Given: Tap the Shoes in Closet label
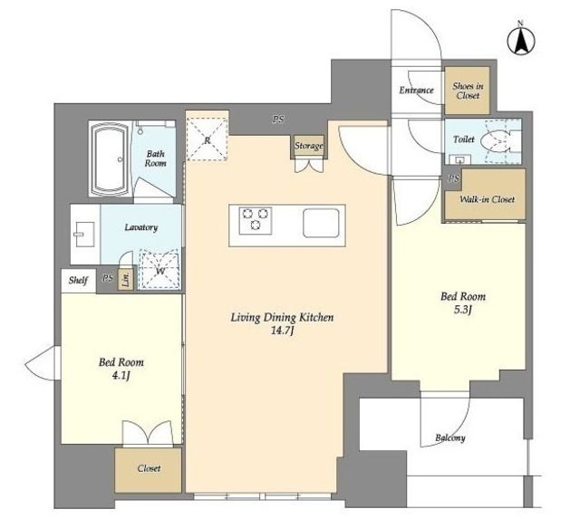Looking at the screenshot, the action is point(468,91).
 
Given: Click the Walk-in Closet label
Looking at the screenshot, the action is point(487,199).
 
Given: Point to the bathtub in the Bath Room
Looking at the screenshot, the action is point(110,159).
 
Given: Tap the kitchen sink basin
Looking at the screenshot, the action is point(321,223).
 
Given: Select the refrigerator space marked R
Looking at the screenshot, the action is point(207,139).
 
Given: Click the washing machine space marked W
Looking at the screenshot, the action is point(159,269).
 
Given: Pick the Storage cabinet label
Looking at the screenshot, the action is point(309,146).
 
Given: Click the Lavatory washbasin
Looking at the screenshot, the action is point(82,235).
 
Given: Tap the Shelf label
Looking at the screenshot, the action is point(79,281).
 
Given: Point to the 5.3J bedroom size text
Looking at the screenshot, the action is point(463,310).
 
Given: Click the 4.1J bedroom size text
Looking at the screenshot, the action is point(121,376).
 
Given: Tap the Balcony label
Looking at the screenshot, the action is point(450,438).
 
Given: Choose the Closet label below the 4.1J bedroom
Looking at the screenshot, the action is point(149,468).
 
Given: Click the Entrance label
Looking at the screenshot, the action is point(416,90).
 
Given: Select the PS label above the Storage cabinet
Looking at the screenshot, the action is point(278,119).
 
